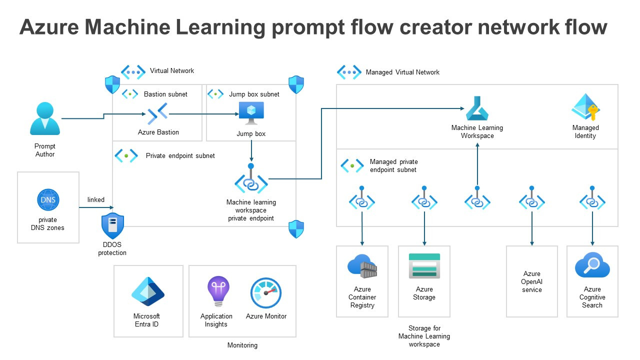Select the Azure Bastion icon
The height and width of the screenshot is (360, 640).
(158, 114)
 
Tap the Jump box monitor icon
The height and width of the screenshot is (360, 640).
(251, 113)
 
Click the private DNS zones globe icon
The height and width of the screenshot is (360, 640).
(48, 200)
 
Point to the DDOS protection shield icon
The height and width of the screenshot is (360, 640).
(112, 226)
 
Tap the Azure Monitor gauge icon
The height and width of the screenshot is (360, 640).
(266, 293)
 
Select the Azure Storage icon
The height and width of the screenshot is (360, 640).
(424, 265)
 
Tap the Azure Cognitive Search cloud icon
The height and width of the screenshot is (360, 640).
(592, 265)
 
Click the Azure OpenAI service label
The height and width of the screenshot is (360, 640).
(532, 281)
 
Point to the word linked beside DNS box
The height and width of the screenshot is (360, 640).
(96, 199)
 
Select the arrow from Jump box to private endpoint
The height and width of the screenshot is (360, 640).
(251, 150)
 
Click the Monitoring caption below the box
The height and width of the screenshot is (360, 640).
(242, 345)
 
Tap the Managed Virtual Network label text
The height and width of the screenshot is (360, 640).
(402, 72)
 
